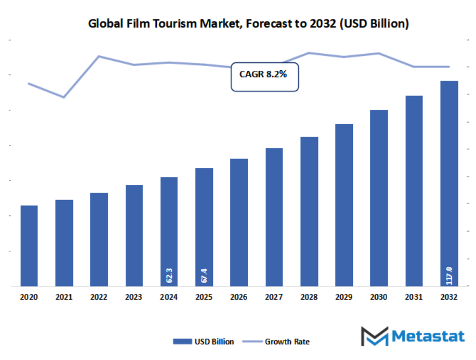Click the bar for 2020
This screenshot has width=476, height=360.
click(x=29, y=246)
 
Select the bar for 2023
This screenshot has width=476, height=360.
click(x=134, y=235)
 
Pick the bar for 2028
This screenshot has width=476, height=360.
click(x=309, y=212)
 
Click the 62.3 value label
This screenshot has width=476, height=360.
click(x=169, y=276)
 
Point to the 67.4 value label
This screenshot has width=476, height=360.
click(x=204, y=276)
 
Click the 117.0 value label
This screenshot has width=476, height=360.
click(x=449, y=274)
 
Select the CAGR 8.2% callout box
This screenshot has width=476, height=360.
click(x=265, y=77)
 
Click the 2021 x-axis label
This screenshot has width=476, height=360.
click(x=64, y=298)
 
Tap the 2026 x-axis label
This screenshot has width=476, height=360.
click(x=239, y=298)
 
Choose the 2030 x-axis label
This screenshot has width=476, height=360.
click(x=379, y=298)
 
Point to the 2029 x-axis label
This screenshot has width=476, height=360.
click(x=344, y=298)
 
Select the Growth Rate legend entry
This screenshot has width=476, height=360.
click(x=281, y=342)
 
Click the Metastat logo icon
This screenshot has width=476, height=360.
click(x=374, y=336)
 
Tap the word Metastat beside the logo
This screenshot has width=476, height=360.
click(x=428, y=336)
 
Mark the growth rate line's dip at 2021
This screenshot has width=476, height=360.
click(x=64, y=97)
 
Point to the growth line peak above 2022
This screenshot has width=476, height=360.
click(x=99, y=56)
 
